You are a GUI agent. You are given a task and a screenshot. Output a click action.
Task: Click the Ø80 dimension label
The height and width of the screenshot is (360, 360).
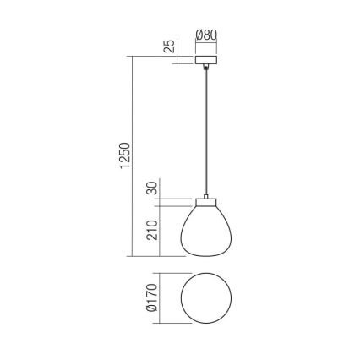pos(206,35)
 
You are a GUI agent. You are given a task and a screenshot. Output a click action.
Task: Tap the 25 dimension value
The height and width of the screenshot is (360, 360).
pos(170,46)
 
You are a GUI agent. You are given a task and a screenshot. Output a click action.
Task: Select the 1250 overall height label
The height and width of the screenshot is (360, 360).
pos(125,156)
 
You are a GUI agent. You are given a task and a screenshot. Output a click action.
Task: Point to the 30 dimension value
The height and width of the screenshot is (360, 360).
pos(152,188)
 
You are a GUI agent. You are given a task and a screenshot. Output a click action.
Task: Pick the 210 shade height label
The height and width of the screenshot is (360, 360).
pos(152,229)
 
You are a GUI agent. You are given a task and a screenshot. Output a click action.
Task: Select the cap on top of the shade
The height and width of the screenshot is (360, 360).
pos(206,203)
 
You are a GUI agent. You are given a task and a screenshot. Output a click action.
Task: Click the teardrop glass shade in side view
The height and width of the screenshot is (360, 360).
pos(206,232)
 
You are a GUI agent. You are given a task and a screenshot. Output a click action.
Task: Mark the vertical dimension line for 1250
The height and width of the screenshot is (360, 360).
pos(134,156)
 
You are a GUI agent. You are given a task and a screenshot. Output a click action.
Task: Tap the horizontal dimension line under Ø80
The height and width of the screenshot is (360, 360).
pos(206,44)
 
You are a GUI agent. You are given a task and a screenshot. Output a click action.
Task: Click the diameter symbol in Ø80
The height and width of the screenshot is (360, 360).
pos(199,35)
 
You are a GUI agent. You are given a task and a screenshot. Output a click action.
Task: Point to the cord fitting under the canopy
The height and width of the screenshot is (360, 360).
pos(206,68)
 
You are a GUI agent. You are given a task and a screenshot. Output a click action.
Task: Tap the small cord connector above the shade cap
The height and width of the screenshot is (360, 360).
pos(206,195)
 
